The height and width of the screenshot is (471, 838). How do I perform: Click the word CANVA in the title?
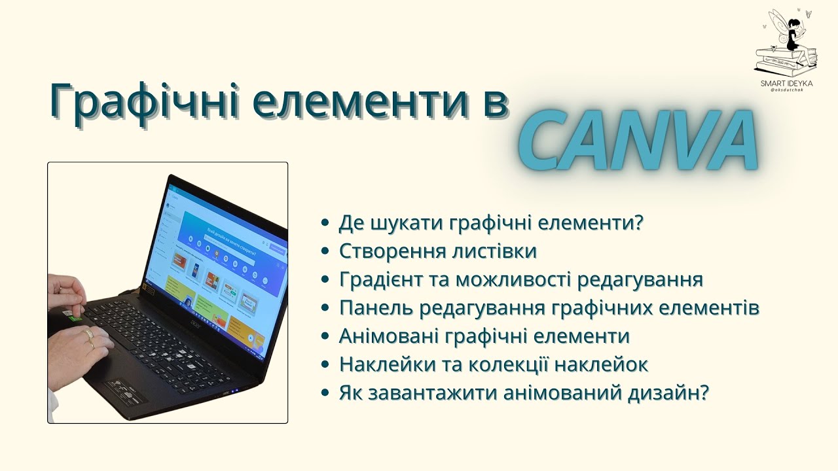[x=639, y=140]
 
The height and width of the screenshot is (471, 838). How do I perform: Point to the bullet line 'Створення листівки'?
[x=438, y=252]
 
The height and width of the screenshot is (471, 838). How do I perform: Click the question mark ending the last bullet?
[x=704, y=393]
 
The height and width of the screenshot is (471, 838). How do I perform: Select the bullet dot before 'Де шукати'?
[x=325, y=224]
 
